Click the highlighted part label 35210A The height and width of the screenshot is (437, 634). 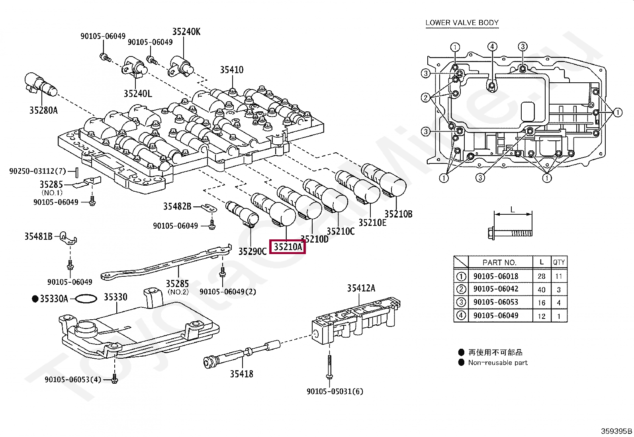(288, 247)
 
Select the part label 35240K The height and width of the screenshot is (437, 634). (186, 32)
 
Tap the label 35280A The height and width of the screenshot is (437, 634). (43, 110)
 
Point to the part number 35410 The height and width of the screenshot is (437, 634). (231, 70)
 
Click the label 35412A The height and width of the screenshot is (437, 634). (361, 288)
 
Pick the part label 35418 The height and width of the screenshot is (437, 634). (241, 374)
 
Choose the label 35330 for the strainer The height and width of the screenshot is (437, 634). (115, 297)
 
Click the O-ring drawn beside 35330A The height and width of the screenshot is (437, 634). (86, 299)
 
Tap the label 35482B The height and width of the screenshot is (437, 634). (177, 206)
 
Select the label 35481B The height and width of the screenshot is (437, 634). (38, 237)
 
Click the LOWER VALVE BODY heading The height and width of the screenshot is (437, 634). (462, 23)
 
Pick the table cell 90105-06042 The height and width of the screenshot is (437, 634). (496, 289)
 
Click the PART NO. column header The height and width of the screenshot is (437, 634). (499, 262)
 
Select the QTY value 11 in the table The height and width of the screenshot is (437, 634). (558, 276)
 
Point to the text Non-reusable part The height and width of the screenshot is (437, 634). (497, 363)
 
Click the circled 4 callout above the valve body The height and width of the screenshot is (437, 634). (492, 47)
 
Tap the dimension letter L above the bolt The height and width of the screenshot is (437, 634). (513, 209)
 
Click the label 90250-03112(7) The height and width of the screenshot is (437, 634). (37, 171)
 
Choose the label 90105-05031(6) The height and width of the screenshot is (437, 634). (335, 392)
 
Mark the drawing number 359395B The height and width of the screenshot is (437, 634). (616, 431)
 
